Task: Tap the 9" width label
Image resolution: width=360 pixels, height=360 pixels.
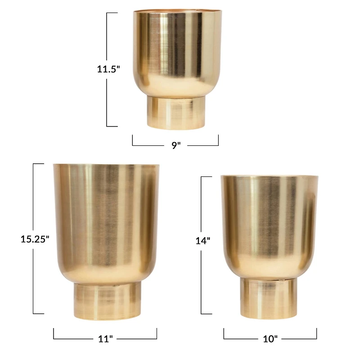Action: tap(175, 146)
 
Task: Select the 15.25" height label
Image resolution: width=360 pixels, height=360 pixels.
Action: tap(35, 239)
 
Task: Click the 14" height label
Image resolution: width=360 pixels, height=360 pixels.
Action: tap(202, 241)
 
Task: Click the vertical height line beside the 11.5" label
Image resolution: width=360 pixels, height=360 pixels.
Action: tap(107, 99)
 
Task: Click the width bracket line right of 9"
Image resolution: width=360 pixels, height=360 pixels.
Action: tap(202, 145)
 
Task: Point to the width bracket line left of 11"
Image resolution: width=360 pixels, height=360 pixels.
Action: tap(72, 339)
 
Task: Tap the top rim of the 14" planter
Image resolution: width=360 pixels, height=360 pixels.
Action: tap(269, 176)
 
